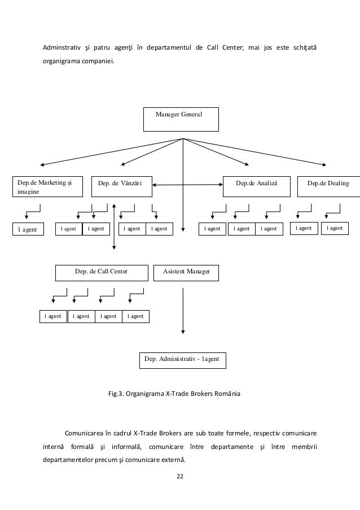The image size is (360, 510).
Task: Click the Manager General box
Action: (x=181, y=119)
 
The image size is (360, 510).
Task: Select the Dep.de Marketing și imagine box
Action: (x=48, y=187)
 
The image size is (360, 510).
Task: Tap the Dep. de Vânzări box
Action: (x=122, y=187)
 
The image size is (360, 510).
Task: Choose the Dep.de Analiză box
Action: (x=257, y=187)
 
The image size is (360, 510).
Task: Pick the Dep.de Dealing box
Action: (x=328, y=187)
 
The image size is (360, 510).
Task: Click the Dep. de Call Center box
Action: (x=102, y=273)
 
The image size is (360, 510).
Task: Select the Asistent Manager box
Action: (x=186, y=273)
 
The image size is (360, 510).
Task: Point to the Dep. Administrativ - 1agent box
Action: (x=183, y=360)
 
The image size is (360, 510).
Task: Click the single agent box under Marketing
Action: (x=28, y=229)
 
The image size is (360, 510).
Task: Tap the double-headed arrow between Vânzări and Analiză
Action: (x=187, y=185)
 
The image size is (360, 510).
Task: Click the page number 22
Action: (x=180, y=476)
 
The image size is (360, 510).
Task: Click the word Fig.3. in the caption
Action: (x=116, y=394)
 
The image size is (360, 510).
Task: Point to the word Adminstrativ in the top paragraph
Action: (x=62, y=47)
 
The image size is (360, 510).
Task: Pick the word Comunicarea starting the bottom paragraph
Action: (x=84, y=433)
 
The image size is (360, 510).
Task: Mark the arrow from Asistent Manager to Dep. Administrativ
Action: (x=183, y=311)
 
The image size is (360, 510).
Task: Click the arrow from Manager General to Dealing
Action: (x=254, y=152)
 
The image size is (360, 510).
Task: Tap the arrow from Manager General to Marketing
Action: (x=112, y=152)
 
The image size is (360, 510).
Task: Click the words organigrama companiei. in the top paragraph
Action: (x=78, y=61)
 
